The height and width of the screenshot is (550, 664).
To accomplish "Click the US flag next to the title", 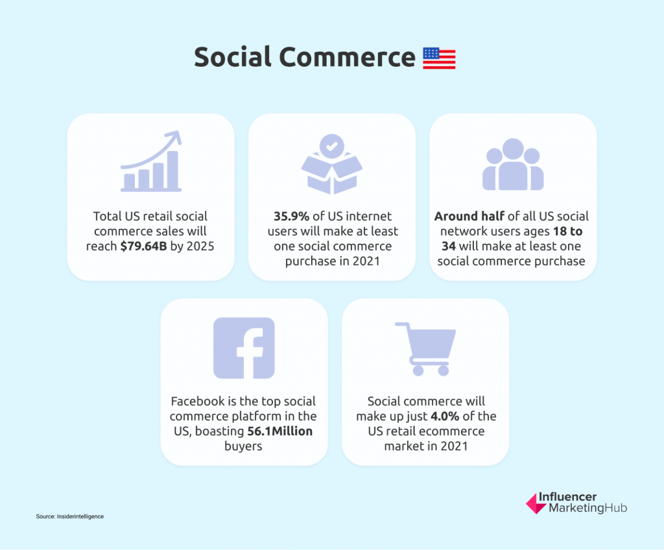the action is point(439,58).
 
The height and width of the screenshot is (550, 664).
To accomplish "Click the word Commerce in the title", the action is point(347,57).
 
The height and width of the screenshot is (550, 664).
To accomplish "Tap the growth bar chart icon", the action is point(151,161).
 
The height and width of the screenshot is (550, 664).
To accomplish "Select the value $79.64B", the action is point(143,246).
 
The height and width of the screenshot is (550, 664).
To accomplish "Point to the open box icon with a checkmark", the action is point(332,164).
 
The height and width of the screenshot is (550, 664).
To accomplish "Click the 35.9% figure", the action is point(291,216).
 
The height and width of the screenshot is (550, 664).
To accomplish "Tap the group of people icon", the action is point(513,164).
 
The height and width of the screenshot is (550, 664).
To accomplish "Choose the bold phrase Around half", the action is point(469,216).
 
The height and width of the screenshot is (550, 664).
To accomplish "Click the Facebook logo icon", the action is point(244,348).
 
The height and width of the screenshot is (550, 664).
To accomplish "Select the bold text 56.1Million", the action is point(280,431).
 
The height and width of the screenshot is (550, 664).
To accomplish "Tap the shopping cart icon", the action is point(425,349).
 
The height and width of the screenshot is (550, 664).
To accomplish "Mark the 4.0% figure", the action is point(445,416).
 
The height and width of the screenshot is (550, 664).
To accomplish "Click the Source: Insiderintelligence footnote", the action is point(70,516).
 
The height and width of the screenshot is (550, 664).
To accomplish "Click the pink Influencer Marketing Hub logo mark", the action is point(536,503).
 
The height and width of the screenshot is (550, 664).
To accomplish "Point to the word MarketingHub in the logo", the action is point(587,508).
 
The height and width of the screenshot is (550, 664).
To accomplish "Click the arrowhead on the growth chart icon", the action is point(174,137).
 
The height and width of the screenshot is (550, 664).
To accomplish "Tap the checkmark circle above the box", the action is point(332,146).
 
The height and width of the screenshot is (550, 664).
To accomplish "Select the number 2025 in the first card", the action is point(200,246).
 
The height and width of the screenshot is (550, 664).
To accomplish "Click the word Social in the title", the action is point(233,57).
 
